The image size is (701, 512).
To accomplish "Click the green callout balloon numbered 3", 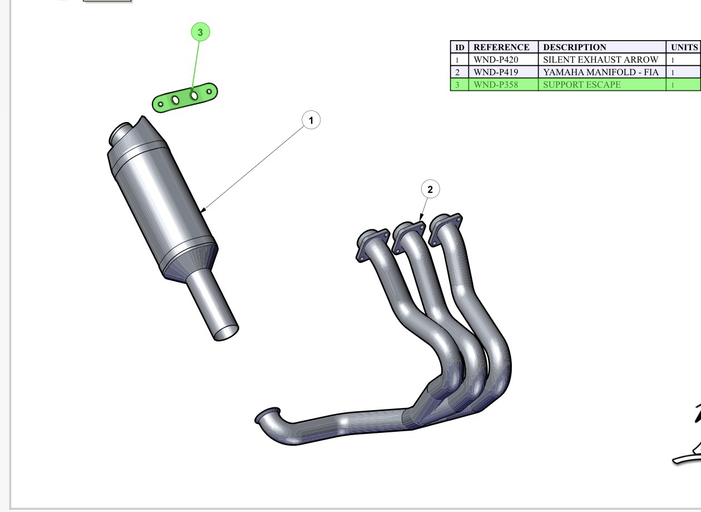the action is pyautogui.click(x=200, y=32).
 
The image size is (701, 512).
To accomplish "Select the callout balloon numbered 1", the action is pyautogui.click(x=311, y=120).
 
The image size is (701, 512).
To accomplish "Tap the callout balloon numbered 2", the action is pyautogui.click(x=430, y=189).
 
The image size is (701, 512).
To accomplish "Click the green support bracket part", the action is pyautogui.click(x=185, y=97).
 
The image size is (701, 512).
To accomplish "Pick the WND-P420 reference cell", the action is pyautogui.click(x=503, y=60).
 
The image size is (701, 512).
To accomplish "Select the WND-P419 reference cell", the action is pyautogui.click(x=503, y=72).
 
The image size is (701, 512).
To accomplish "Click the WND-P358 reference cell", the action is pyautogui.click(x=503, y=85).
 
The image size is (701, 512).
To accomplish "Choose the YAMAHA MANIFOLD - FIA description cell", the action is pyautogui.click(x=602, y=72).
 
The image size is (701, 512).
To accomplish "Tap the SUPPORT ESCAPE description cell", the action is pyautogui.click(x=602, y=85).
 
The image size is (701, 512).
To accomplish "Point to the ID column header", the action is pyautogui.click(x=460, y=47).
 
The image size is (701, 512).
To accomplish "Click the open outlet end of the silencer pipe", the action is pyautogui.click(x=226, y=333).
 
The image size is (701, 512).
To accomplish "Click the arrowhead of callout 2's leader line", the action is pyautogui.click(x=421, y=217).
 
